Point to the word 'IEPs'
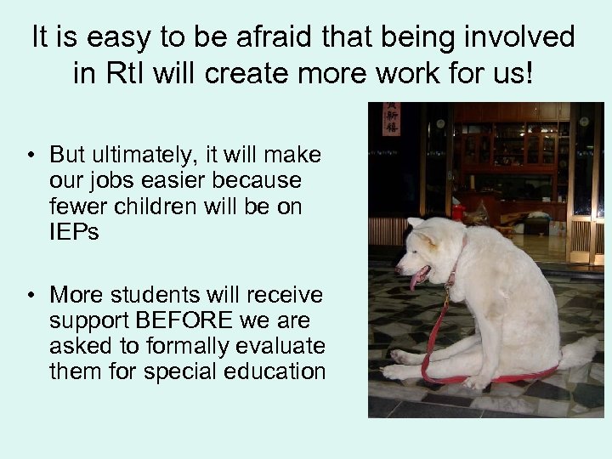[75, 232]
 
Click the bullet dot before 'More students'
[30, 296]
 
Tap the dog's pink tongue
[416, 281]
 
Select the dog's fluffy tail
[577, 353]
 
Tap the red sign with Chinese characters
[391, 120]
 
